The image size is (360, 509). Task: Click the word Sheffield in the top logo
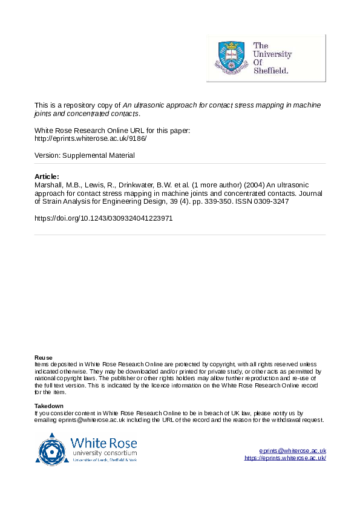pyautogui.click(x=270, y=70)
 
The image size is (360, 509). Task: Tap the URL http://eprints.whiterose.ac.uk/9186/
pyautogui.click(x=91, y=138)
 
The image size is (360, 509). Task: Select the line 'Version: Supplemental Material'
pyautogui.click(x=85, y=155)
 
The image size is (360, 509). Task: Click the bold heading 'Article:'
pyautogui.click(x=47, y=176)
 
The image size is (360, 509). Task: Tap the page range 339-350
pyautogui.click(x=214, y=201)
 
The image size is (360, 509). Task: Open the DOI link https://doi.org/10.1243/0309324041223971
pyautogui.click(x=103, y=218)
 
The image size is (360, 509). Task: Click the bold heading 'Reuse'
pyautogui.click(x=43, y=358)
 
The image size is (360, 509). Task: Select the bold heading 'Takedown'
pyautogui.click(x=48, y=406)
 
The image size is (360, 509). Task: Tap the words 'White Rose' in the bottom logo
pyautogui.click(x=104, y=441)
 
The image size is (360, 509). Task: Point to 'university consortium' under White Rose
pyautogui.click(x=104, y=453)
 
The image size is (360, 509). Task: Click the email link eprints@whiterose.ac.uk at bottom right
pyautogui.click(x=293, y=451)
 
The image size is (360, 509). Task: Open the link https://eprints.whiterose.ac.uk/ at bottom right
pyautogui.click(x=285, y=458)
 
